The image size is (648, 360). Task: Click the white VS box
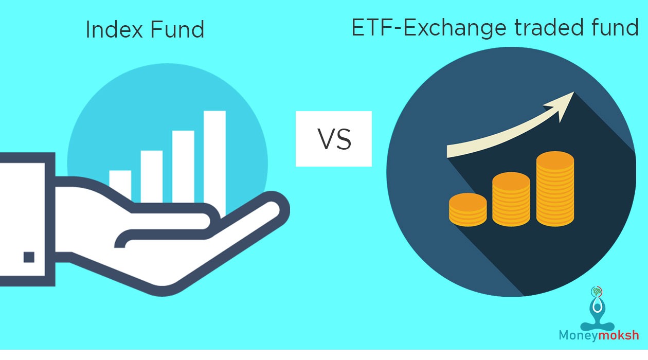pyautogui.click(x=333, y=139)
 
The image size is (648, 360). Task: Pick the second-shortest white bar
pyautogui.click(x=151, y=175)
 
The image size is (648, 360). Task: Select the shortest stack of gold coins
pyautogui.click(x=467, y=209)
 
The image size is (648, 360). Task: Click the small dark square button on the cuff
pyautogui.click(x=29, y=257)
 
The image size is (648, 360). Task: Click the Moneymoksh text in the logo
pyautogui.click(x=599, y=335)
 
